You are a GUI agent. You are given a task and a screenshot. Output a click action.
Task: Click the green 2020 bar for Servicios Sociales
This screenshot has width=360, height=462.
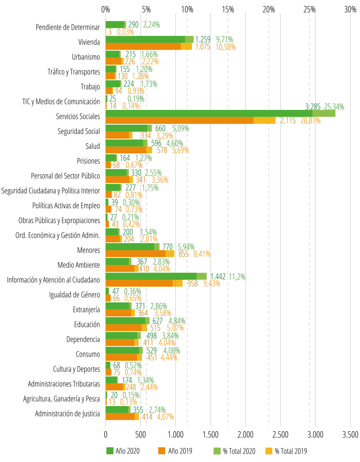(208, 114)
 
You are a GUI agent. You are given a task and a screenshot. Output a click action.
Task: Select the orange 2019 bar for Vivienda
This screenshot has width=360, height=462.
(143, 47)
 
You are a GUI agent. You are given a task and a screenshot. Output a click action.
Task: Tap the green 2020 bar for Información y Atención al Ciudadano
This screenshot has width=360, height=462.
(151, 276)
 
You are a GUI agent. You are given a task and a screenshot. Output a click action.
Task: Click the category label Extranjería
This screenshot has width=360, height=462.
(86, 309)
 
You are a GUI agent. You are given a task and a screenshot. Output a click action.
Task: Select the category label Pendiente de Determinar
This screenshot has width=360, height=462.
(68, 28)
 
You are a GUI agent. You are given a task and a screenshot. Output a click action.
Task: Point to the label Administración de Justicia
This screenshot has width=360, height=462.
(67, 414)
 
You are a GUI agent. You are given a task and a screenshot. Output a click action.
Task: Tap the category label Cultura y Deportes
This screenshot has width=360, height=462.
(76, 369)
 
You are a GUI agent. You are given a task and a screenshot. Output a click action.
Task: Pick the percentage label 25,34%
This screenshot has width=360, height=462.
(334, 107)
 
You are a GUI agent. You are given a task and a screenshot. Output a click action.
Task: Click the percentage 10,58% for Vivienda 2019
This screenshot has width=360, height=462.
(226, 47)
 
